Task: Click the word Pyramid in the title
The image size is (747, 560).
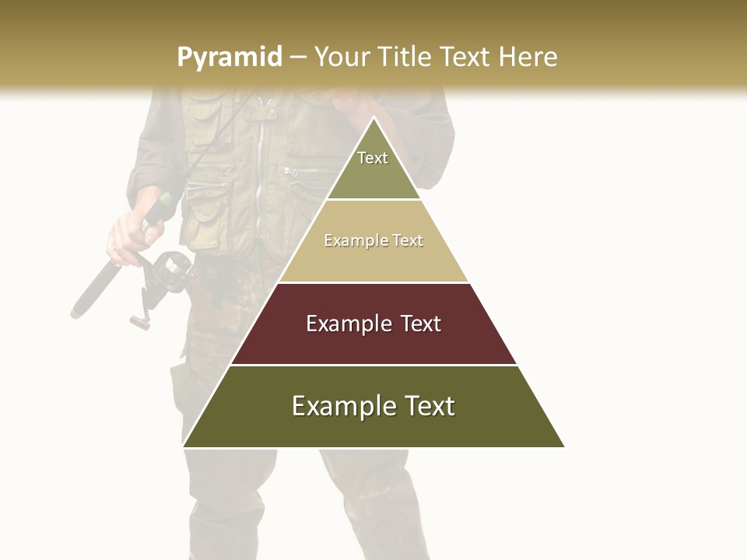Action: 229,58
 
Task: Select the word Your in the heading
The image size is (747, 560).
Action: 342,57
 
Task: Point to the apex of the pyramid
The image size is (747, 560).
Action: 373,118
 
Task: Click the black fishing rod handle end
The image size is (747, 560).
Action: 78,311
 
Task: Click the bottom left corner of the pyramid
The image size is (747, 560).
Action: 184,446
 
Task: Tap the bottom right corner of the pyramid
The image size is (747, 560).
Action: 563,446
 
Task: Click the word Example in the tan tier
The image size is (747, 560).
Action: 351,241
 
